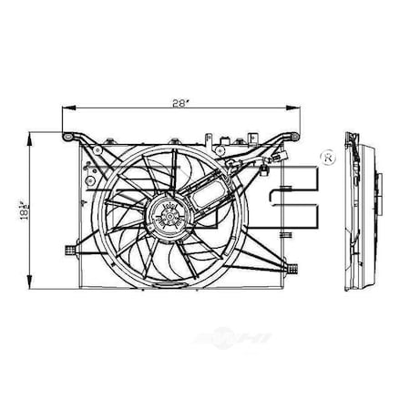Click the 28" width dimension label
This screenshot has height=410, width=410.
point(183,102)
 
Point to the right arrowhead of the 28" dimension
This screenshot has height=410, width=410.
point(300,108)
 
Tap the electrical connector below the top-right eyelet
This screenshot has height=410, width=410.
point(265,168)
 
